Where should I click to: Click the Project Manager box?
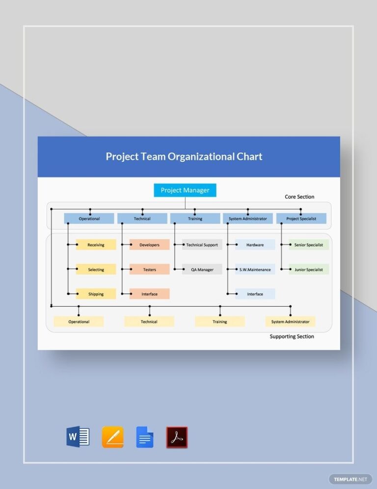[185, 190]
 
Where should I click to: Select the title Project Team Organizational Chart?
[184, 157]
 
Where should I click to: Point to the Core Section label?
[299, 197]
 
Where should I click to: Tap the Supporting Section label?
[292, 337]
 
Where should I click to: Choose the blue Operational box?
[89, 219]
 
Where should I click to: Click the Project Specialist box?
[301, 219]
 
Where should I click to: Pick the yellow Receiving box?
[96, 245]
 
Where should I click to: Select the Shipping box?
[96, 294]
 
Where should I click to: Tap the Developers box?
[149, 245]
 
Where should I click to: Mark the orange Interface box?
[149, 294]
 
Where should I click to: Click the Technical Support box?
[202, 245]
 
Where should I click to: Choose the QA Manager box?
[202, 269]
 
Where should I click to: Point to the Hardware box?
[255, 245]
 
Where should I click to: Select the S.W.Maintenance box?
[255, 269]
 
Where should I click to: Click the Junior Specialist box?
[308, 269]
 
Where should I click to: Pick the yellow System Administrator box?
[290, 321]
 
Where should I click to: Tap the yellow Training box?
[219, 321]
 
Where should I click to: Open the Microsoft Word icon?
[78, 437]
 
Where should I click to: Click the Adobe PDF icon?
[177, 437]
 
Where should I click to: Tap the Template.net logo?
[350, 479]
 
